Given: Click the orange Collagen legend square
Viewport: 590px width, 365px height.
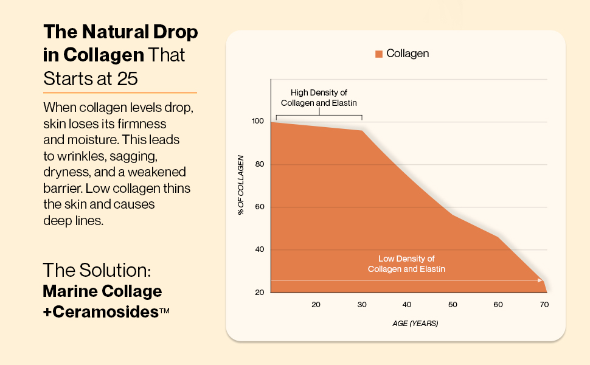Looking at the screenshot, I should point(379,54).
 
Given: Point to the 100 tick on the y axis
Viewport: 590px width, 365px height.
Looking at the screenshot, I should point(258,122).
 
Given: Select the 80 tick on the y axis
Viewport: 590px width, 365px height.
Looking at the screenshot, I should point(258,164).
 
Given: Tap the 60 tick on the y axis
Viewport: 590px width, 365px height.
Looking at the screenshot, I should point(258,207).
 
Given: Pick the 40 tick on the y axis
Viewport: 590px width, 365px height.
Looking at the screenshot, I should point(258,250).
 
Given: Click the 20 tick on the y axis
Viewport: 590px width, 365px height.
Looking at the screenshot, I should point(258,293).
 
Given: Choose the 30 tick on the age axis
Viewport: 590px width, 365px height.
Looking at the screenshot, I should point(361,304).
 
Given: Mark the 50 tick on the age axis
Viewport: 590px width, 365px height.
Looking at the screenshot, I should point(453,304).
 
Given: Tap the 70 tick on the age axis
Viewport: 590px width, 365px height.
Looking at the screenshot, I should point(544,304).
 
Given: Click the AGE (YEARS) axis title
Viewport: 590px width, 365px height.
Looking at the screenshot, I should point(415,323).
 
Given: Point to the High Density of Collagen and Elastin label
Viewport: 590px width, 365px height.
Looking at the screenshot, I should point(319,98).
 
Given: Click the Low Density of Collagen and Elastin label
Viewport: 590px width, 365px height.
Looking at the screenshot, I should point(406,263).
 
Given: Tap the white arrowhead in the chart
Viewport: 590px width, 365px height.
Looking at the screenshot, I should point(540,280).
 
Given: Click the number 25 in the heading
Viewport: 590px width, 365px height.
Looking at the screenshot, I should point(129,79).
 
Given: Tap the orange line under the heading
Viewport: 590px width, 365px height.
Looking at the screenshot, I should point(120,92).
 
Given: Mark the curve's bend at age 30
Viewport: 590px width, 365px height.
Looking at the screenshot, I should point(363,131).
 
